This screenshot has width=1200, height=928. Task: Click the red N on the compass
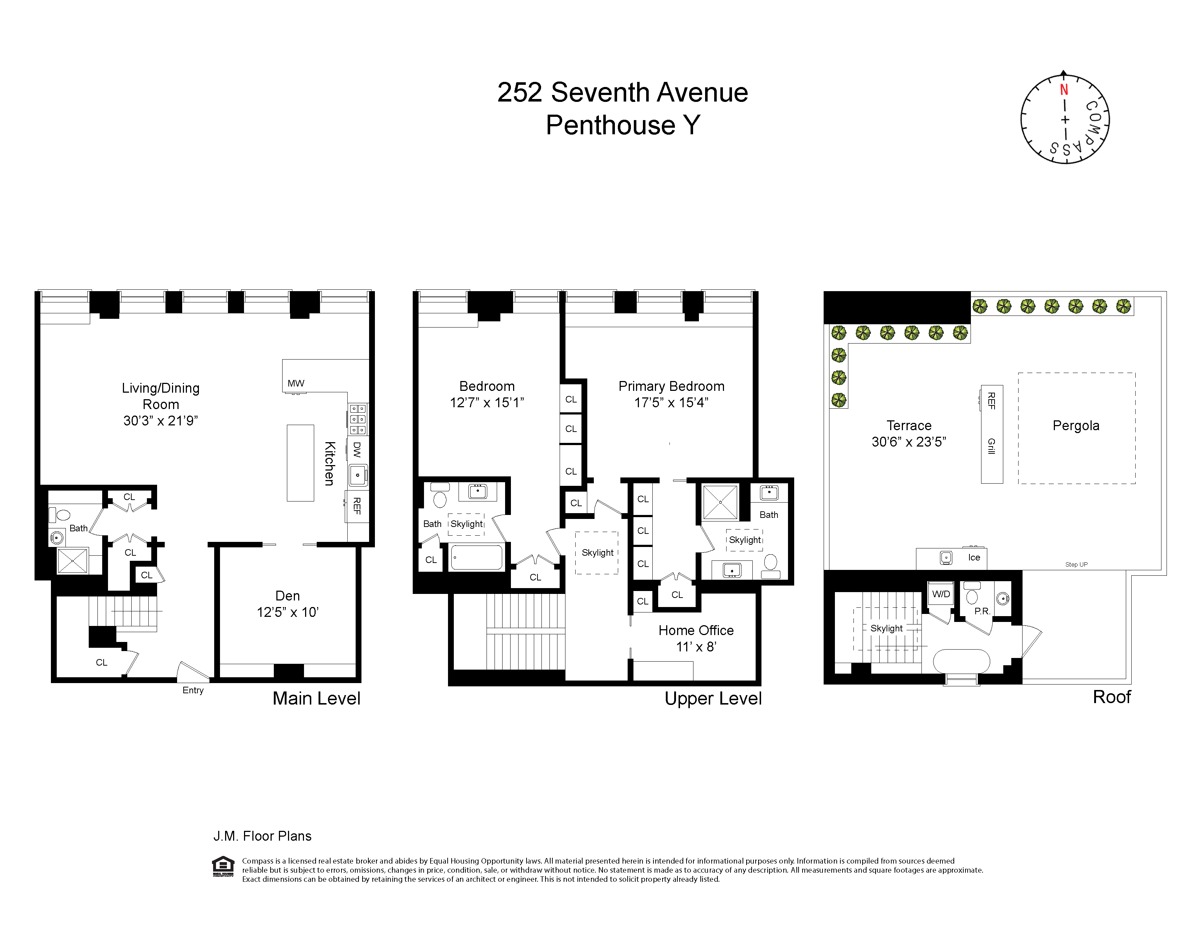[1064, 90]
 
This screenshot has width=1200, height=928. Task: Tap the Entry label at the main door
[193, 690]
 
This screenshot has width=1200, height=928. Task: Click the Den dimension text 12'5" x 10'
[287, 612]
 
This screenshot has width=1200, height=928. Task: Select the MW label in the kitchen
[296, 383]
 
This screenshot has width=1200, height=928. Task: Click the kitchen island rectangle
[300, 463]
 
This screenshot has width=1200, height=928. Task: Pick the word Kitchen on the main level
[329, 463]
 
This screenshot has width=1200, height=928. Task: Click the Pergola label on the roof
[1075, 425]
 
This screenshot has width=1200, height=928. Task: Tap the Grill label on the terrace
[991, 447]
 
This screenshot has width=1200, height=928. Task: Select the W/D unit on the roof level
[941, 594]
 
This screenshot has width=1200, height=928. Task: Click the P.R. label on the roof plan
[982, 611]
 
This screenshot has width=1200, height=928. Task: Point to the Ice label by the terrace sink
[973, 558]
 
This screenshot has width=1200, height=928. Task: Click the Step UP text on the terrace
[1076, 564]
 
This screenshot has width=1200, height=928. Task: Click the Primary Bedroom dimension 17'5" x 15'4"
[671, 402]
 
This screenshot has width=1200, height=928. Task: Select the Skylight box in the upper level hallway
[597, 552]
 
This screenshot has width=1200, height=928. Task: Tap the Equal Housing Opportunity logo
[223, 866]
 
